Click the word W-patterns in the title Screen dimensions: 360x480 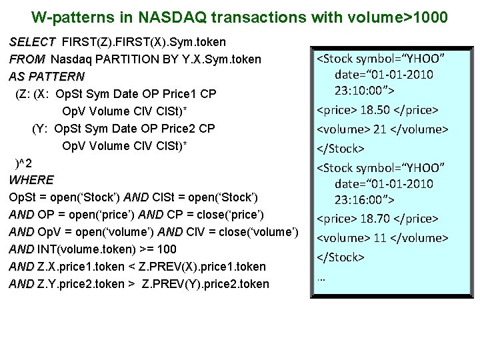pos(67,16)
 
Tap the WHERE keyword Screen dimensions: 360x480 pos(31,180)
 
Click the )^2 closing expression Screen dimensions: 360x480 pos(24,163)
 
